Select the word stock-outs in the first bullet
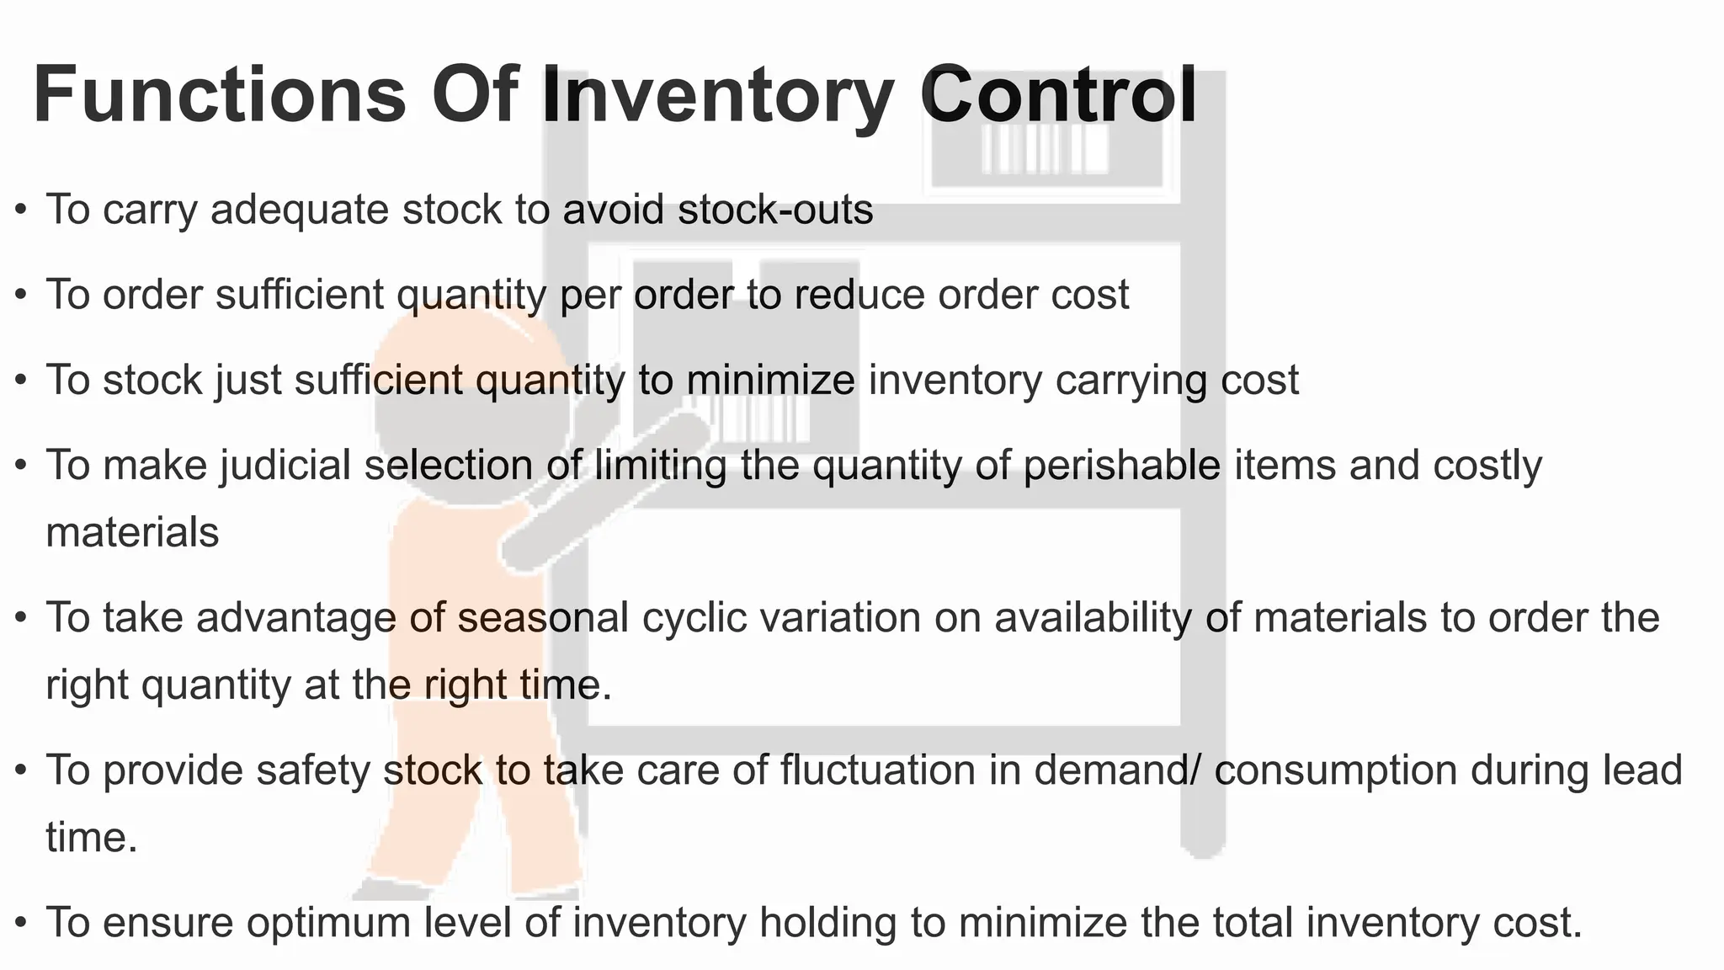click(x=775, y=209)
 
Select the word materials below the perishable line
click(x=132, y=532)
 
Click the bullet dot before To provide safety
click(x=22, y=770)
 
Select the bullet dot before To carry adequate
click(x=22, y=209)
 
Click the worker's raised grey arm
click(x=606, y=488)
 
